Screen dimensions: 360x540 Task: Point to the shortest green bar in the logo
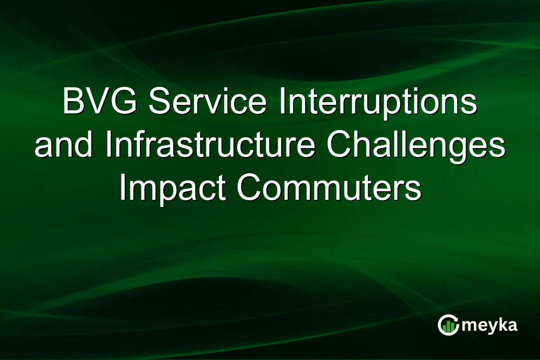point(444,330)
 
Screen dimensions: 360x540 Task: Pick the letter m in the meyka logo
point(470,326)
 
